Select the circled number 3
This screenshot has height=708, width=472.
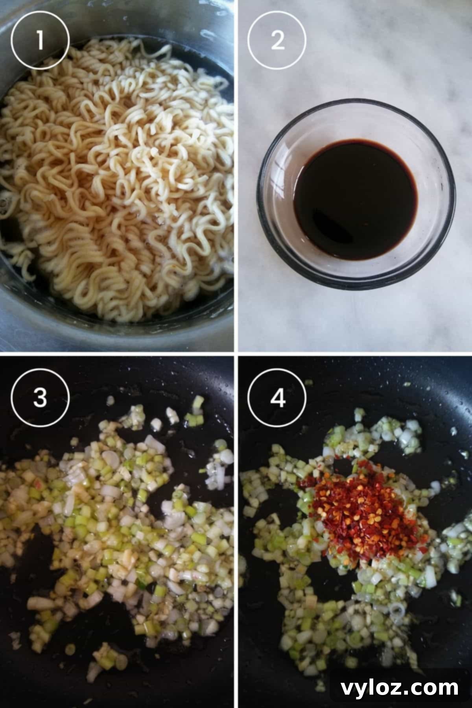(40, 398)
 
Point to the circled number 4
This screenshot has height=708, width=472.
(277, 398)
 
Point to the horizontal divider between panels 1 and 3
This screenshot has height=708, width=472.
(118, 354)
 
